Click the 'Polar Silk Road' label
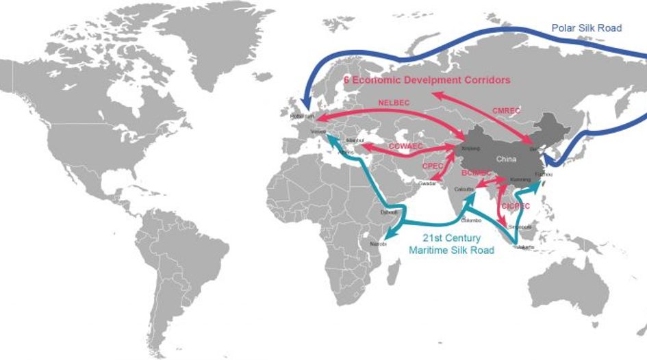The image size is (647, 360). click(x=587, y=28)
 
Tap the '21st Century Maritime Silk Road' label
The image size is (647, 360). click(x=452, y=244)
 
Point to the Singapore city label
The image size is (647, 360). click(x=518, y=227)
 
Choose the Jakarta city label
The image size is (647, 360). click(x=525, y=246)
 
